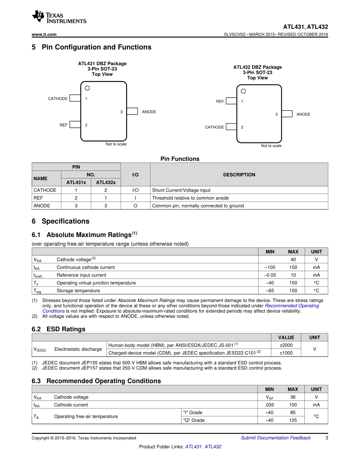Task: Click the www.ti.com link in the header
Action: click(44, 34)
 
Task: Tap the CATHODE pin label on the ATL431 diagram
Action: click(58, 99)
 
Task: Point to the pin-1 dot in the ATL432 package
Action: click(243, 91)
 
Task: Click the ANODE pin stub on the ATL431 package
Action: click(132, 111)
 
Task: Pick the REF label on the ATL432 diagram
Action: click(220, 102)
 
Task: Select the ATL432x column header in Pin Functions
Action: click(106, 183)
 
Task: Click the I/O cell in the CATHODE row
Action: click(135, 190)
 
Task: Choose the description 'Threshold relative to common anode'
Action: click(190, 198)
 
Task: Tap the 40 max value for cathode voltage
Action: click(293, 260)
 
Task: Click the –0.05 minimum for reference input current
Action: click(270, 275)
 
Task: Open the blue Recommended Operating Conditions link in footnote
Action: click(292, 306)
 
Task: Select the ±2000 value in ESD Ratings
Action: click(286, 346)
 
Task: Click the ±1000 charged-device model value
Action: click(286, 353)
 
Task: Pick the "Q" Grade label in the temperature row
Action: click(194, 421)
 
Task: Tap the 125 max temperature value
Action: click(293, 421)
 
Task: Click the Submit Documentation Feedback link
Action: click(275, 438)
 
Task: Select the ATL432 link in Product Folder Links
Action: click(213, 447)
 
